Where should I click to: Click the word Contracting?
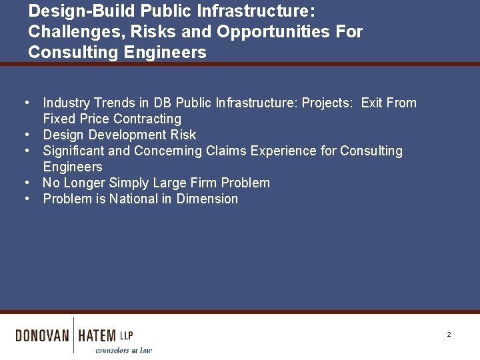pos(147,119)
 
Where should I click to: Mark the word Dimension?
pos(207,199)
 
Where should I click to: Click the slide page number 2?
pos(449,334)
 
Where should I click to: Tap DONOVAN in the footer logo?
pos(42,335)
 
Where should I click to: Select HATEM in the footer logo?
pos(97,335)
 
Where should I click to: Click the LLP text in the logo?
pos(126,335)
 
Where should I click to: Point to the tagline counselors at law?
pos(123,350)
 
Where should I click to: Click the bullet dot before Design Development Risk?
pos(26,135)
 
